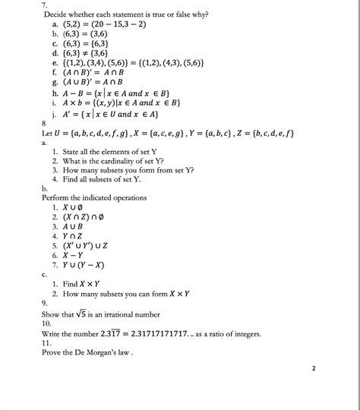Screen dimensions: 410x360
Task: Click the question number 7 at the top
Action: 46,5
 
